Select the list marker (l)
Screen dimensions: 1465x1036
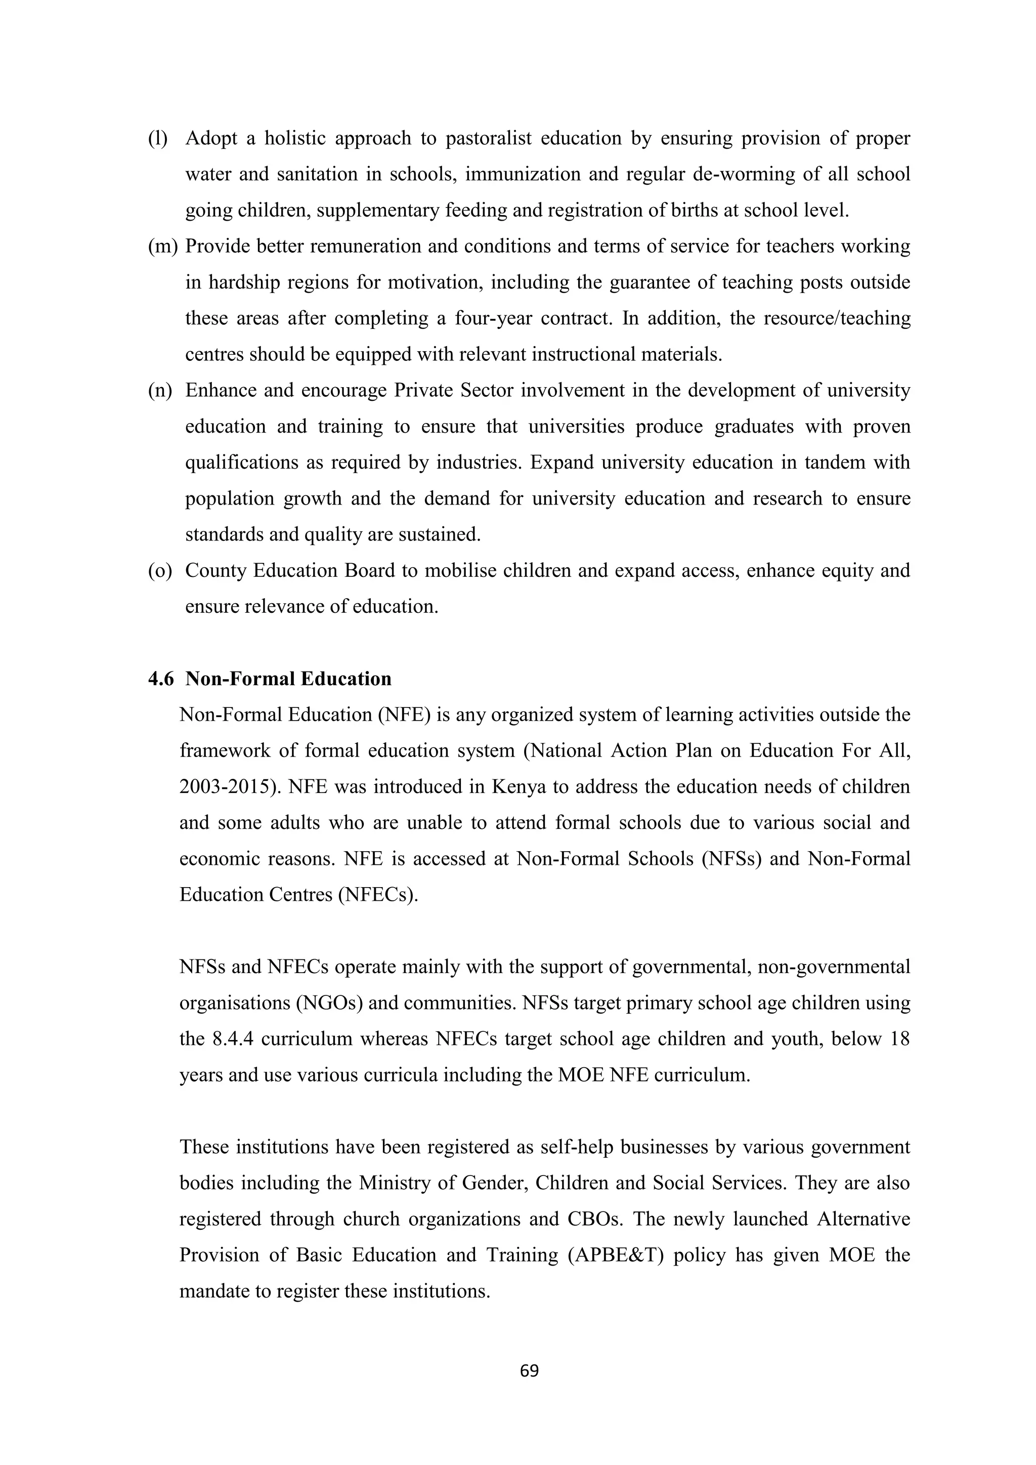(157, 139)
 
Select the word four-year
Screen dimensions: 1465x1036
(493, 318)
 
